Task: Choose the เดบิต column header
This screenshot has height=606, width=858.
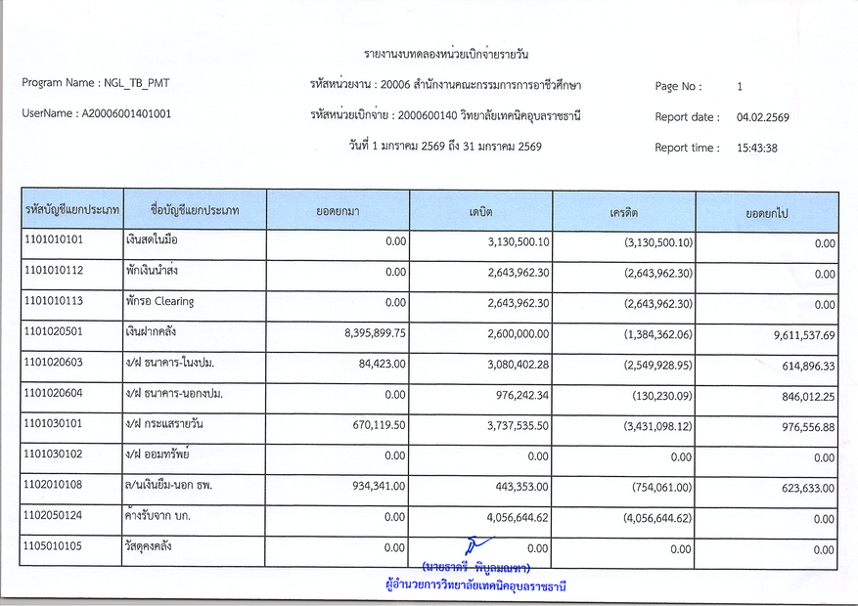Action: point(480,211)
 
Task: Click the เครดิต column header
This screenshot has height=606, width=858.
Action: point(623,211)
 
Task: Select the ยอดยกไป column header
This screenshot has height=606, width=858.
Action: point(767,211)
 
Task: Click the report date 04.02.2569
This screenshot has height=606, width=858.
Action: point(763,117)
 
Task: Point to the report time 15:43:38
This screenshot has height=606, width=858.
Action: point(757,149)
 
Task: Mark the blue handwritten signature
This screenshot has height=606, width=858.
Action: point(477,546)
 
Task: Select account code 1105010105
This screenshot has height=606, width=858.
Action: point(54,545)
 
